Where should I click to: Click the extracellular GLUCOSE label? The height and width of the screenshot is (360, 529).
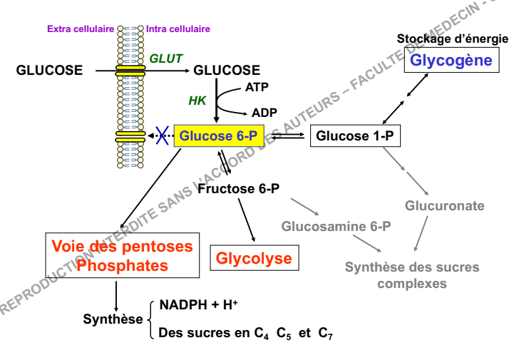[49, 70]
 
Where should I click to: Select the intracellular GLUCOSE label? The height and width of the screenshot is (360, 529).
[227, 70]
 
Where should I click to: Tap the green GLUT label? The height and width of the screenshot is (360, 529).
[165, 58]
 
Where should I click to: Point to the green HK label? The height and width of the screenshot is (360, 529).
[197, 101]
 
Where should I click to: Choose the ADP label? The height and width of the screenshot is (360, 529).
[264, 113]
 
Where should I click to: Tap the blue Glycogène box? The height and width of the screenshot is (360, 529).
[451, 60]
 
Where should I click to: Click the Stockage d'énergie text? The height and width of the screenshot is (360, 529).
[453, 38]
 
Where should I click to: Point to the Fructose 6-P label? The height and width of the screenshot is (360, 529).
[238, 189]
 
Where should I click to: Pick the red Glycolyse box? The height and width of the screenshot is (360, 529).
[254, 257]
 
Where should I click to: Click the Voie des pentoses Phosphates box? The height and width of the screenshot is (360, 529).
[122, 256]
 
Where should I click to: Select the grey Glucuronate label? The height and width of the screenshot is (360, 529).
[445, 206]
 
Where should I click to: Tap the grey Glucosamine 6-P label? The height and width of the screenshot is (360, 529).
[336, 227]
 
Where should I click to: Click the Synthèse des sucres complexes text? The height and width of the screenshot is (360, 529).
[412, 275]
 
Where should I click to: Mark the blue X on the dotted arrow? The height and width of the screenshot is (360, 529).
[163, 135]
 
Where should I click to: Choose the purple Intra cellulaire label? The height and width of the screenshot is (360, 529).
[178, 29]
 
